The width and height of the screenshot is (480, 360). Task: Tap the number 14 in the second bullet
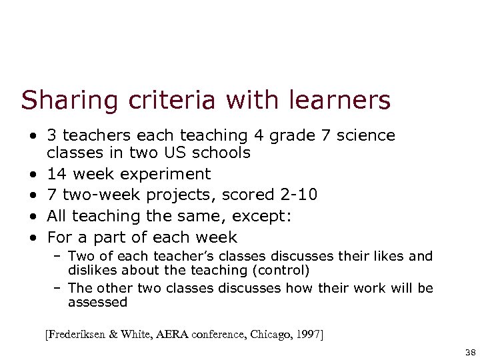[x=56, y=175]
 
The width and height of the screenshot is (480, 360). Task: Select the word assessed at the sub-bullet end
[x=97, y=302]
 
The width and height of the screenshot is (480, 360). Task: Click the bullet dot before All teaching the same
[x=32, y=217]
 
